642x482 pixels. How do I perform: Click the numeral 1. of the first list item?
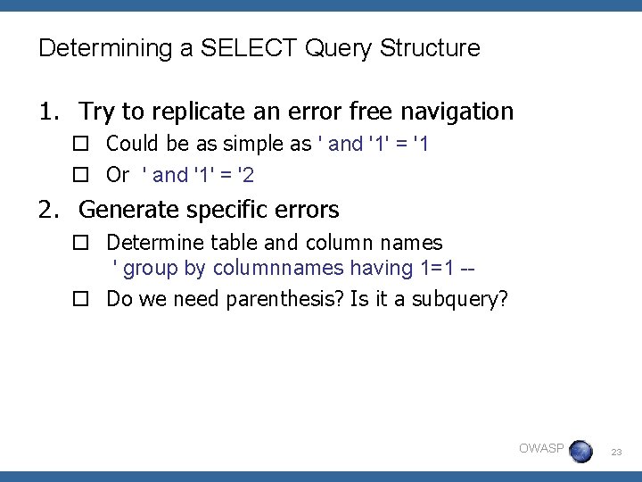click(50, 112)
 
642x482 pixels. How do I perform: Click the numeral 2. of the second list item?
click(50, 210)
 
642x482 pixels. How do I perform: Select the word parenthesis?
click(290, 298)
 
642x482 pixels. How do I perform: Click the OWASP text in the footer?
click(541, 448)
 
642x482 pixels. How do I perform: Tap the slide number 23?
click(616, 453)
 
